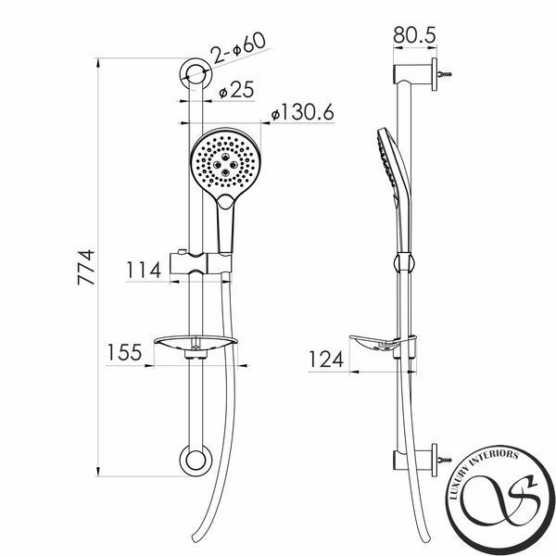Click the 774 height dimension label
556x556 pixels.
click(86, 268)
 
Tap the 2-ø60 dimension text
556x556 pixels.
click(238, 47)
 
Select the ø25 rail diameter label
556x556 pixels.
click(236, 90)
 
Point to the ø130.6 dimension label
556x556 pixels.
click(302, 112)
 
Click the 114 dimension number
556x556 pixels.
click(144, 270)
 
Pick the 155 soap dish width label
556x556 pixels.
click(124, 352)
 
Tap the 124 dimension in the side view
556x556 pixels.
click(326, 360)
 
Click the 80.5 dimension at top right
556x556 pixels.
click(414, 35)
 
